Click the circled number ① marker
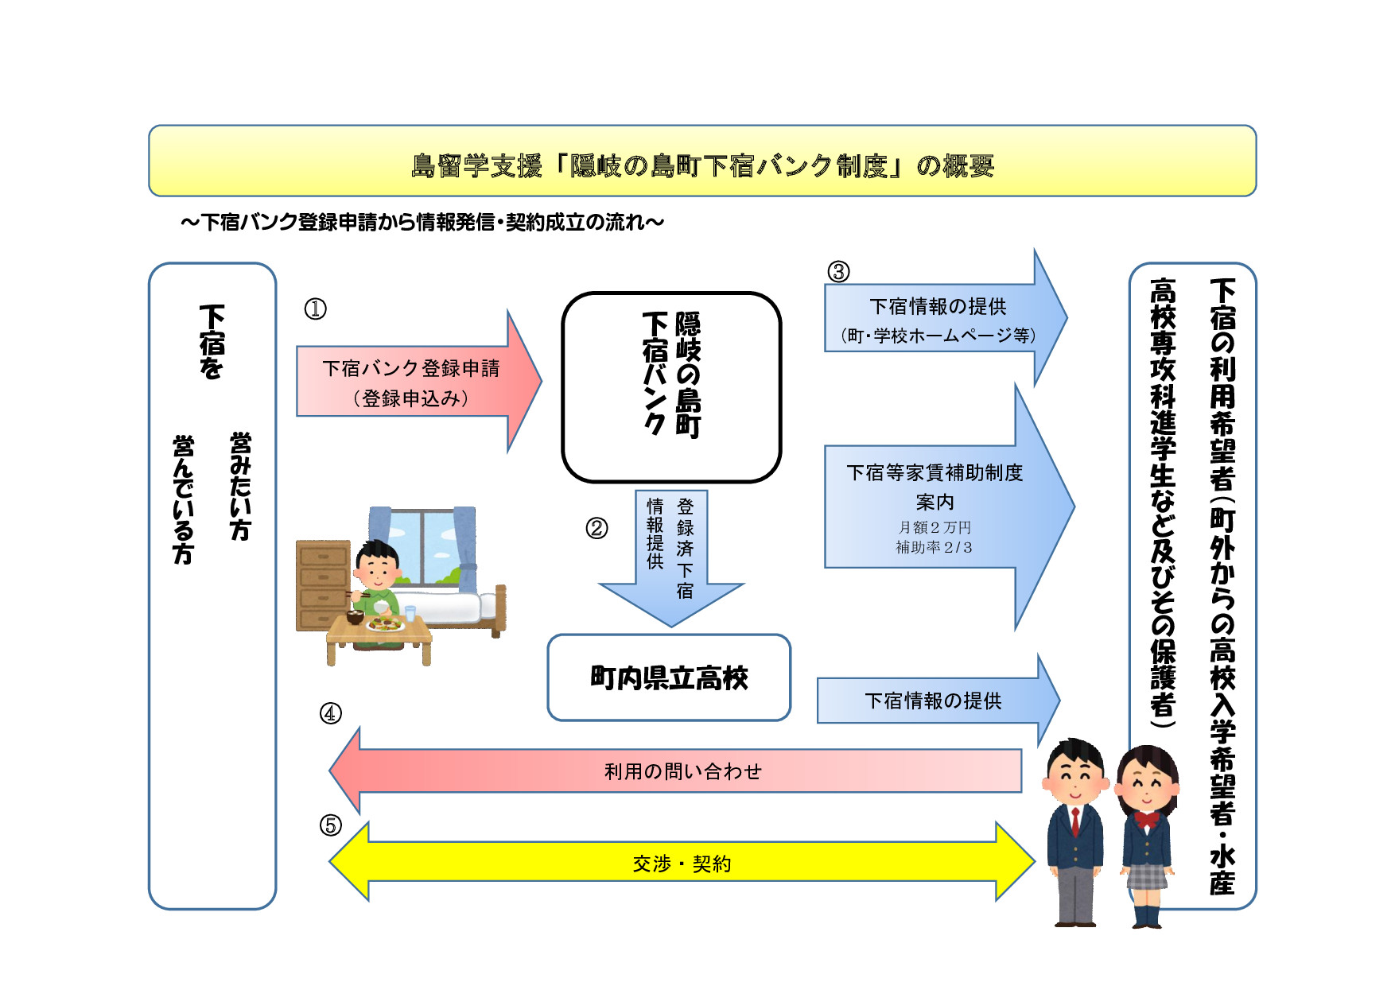click(316, 309)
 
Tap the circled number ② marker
click(596, 528)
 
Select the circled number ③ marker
click(838, 272)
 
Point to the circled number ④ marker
click(331, 713)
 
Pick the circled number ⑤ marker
click(331, 825)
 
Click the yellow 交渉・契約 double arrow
click(682, 864)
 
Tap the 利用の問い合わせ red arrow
click(682, 771)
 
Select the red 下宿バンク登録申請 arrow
click(411, 382)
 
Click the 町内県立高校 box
click(669, 678)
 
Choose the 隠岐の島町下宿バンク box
click(671, 387)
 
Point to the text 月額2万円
click(935, 527)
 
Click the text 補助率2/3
click(935, 547)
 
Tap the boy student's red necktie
click(1075, 821)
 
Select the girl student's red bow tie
click(1147, 820)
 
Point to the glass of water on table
click(410, 613)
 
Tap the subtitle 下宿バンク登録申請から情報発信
click(422, 223)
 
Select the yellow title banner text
click(702, 165)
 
